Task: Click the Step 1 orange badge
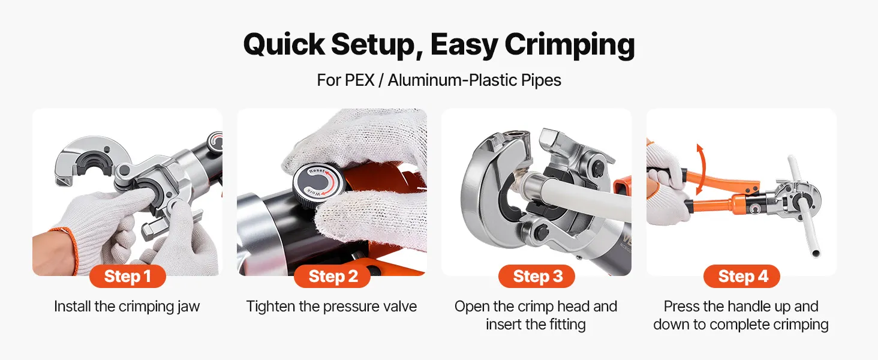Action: pyautogui.click(x=127, y=276)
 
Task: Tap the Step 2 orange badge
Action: pyautogui.click(x=332, y=276)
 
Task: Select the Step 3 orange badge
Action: pyautogui.click(x=537, y=276)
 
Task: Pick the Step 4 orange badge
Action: pyautogui.click(x=742, y=276)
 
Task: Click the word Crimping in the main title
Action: pyautogui.click(x=570, y=45)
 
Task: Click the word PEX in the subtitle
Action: pyautogui.click(x=359, y=80)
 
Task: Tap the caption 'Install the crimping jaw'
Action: pyautogui.click(x=127, y=306)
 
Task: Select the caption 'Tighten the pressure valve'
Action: pyautogui.click(x=332, y=306)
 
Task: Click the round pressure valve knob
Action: pyautogui.click(x=318, y=183)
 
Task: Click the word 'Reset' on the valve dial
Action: pyautogui.click(x=317, y=171)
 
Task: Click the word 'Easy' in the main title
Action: pyautogui.click(x=464, y=45)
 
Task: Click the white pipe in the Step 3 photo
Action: pyautogui.click(x=580, y=196)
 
